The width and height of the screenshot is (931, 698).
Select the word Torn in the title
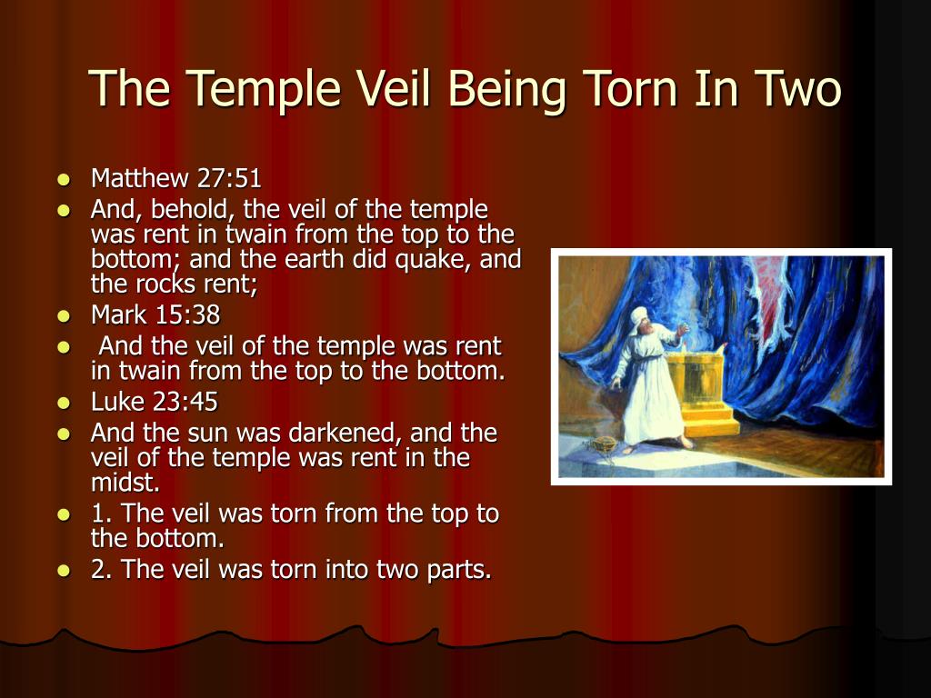coord(631,88)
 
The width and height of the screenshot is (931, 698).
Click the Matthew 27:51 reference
coord(175,178)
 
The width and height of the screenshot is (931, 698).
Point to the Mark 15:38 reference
coord(155,314)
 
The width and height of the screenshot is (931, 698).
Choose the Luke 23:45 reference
coord(155,402)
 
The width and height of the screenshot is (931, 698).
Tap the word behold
coord(194,210)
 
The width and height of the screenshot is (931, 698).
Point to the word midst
coord(125,483)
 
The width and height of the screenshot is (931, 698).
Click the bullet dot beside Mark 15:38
coord(64,315)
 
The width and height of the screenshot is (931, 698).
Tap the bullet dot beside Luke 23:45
coord(64,403)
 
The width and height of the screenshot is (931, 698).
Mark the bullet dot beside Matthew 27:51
coord(64,179)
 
